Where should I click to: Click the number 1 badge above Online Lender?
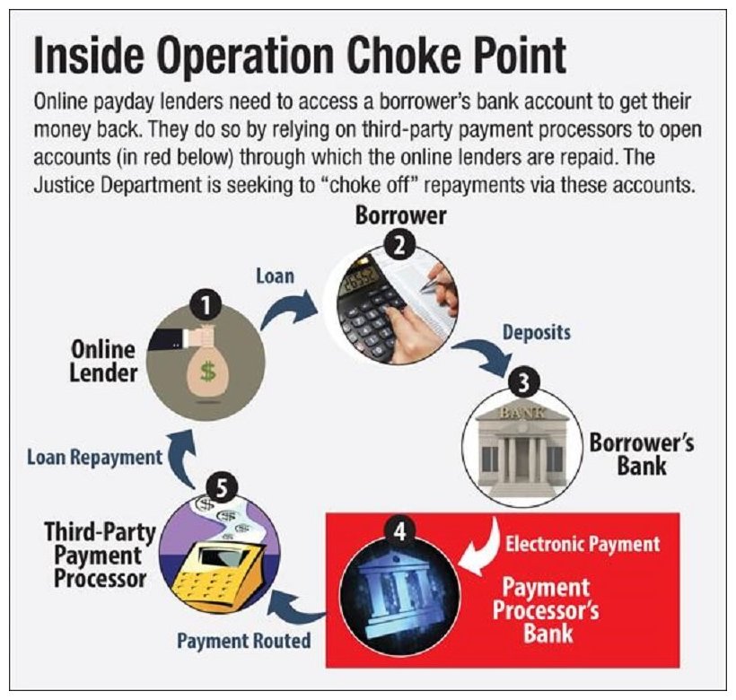point(206,305)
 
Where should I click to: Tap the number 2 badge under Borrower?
point(399,247)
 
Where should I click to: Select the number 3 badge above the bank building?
point(524,383)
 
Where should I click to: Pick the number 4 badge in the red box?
point(400,533)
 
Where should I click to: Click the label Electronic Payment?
point(583,544)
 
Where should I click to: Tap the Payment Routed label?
point(243,641)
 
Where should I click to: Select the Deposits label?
point(537,333)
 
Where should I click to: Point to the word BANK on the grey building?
point(522,413)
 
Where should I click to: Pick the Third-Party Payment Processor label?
point(100,556)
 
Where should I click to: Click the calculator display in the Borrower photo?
point(362,280)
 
